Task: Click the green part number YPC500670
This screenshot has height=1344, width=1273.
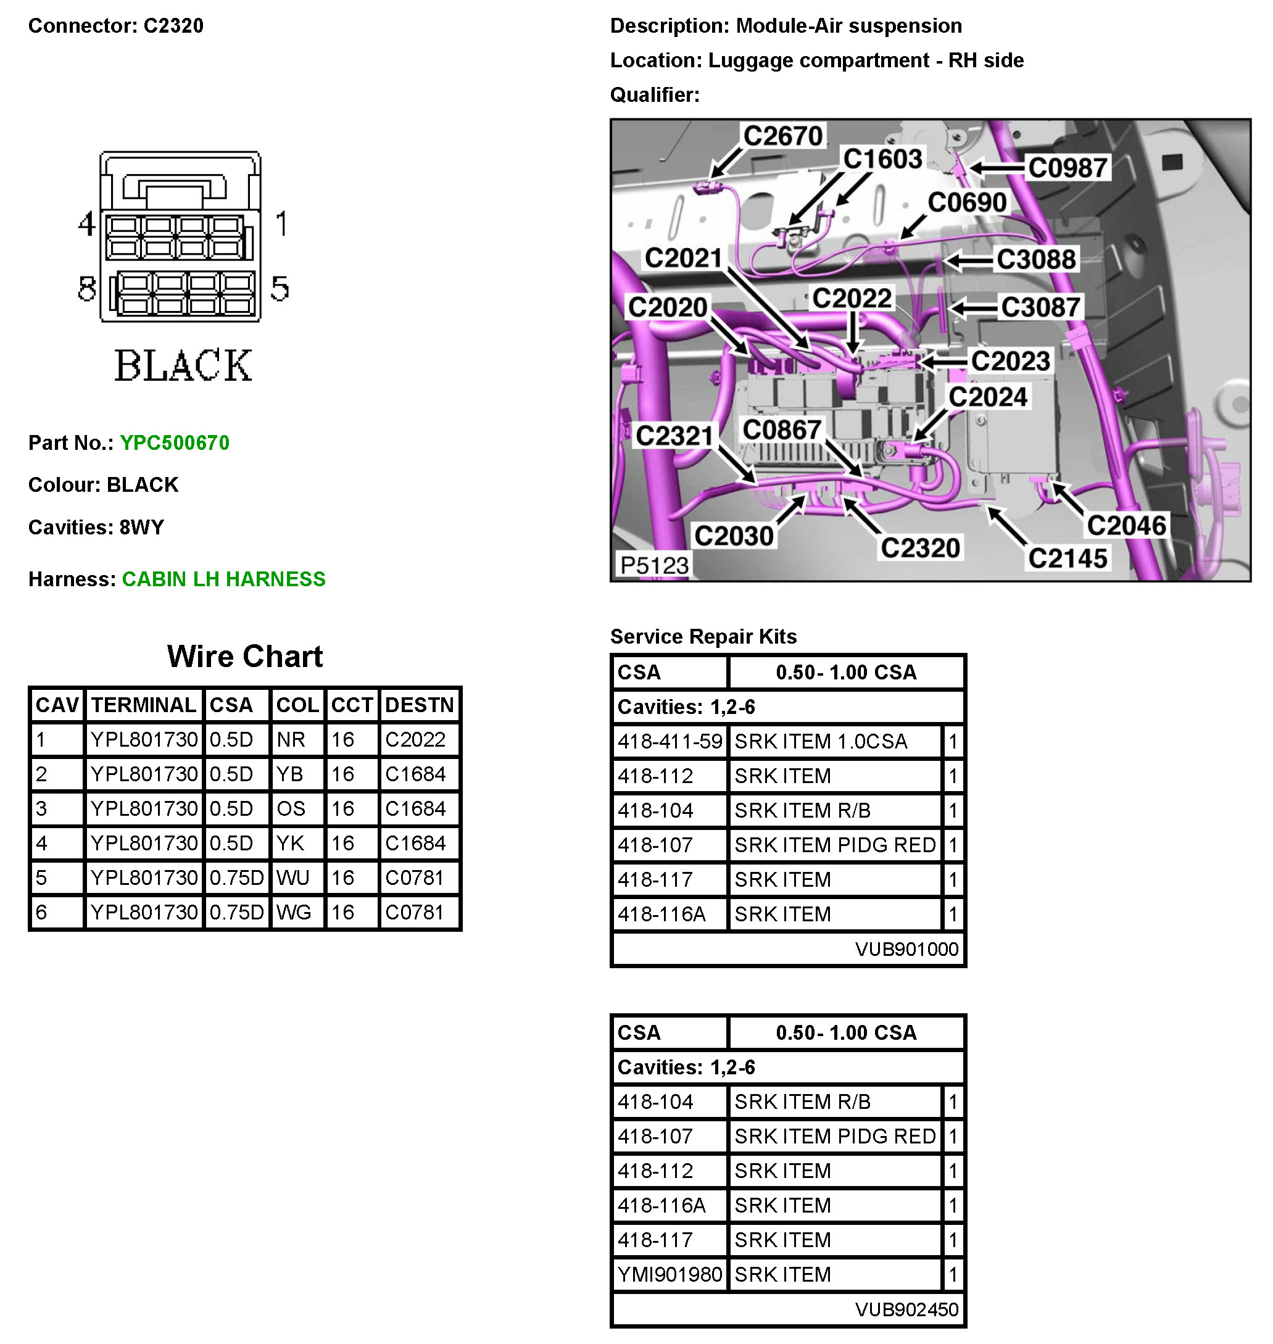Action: tap(175, 443)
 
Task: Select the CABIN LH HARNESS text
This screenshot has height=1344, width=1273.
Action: tap(223, 579)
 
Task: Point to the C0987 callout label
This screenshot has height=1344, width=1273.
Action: tap(1068, 168)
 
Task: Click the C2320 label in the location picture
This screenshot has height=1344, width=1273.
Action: tap(920, 548)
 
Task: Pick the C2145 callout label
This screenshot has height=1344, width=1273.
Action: tap(1068, 559)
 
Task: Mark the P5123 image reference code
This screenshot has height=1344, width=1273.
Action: tap(654, 565)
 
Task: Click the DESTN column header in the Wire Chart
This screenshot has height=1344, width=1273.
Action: tap(419, 705)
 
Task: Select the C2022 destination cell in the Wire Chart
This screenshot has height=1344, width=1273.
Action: tap(415, 739)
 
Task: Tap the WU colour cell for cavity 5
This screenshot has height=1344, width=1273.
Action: tap(293, 878)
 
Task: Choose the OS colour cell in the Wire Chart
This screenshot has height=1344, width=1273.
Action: tap(291, 809)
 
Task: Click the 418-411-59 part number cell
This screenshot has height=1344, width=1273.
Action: tap(669, 742)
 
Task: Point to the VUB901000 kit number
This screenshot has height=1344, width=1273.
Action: tap(906, 949)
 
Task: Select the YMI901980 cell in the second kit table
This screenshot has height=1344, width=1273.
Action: tap(669, 1275)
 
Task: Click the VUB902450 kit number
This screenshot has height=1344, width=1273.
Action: tap(906, 1309)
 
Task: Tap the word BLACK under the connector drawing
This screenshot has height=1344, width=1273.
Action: tap(183, 367)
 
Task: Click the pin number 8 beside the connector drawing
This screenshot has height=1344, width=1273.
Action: tap(87, 289)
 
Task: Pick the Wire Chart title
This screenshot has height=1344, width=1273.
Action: tap(244, 657)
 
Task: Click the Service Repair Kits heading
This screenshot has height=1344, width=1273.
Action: tap(703, 636)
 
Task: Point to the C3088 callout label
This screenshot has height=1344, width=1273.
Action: tap(1035, 260)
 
